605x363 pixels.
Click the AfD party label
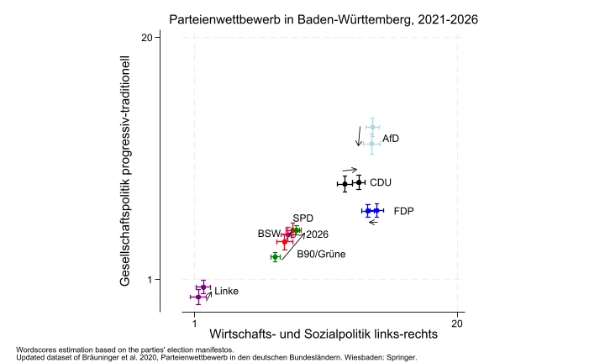(x=391, y=139)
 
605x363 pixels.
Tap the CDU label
(x=381, y=182)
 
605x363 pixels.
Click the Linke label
(x=226, y=292)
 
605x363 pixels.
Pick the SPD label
(x=302, y=218)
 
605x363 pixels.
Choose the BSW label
(x=268, y=234)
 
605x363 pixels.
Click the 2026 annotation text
(x=317, y=234)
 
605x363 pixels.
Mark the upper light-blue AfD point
(x=372, y=128)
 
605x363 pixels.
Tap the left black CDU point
(x=345, y=183)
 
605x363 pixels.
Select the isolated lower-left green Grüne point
(x=275, y=256)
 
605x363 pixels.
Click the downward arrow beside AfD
(x=359, y=136)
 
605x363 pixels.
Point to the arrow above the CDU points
(x=350, y=169)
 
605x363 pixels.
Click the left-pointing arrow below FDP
(x=373, y=222)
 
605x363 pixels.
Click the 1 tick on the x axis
(x=195, y=323)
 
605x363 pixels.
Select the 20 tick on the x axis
(x=456, y=323)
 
